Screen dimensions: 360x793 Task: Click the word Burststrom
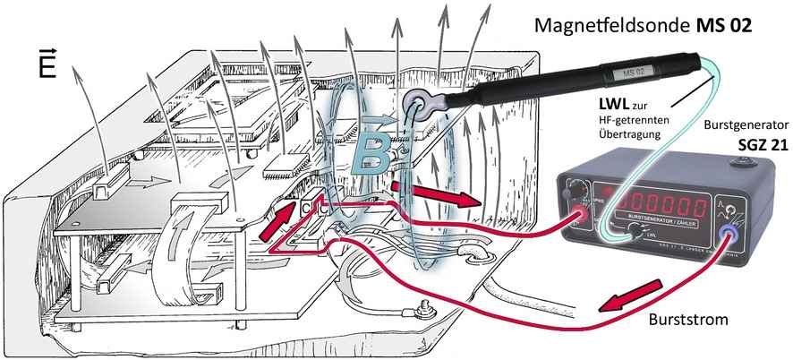pyautogui.click(x=689, y=318)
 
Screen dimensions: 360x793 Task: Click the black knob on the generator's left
pyautogui.click(x=573, y=189)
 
